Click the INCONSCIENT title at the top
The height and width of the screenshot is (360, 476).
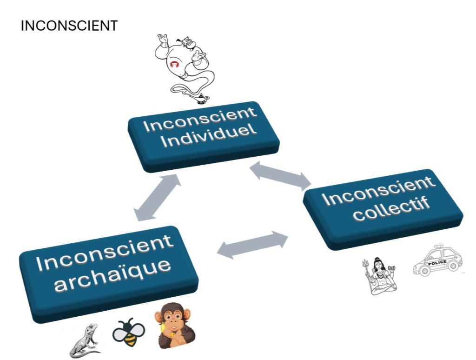tap(69, 26)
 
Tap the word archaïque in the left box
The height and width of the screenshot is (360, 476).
tap(112, 275)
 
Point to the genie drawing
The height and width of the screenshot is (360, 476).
tap(184, 65)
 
